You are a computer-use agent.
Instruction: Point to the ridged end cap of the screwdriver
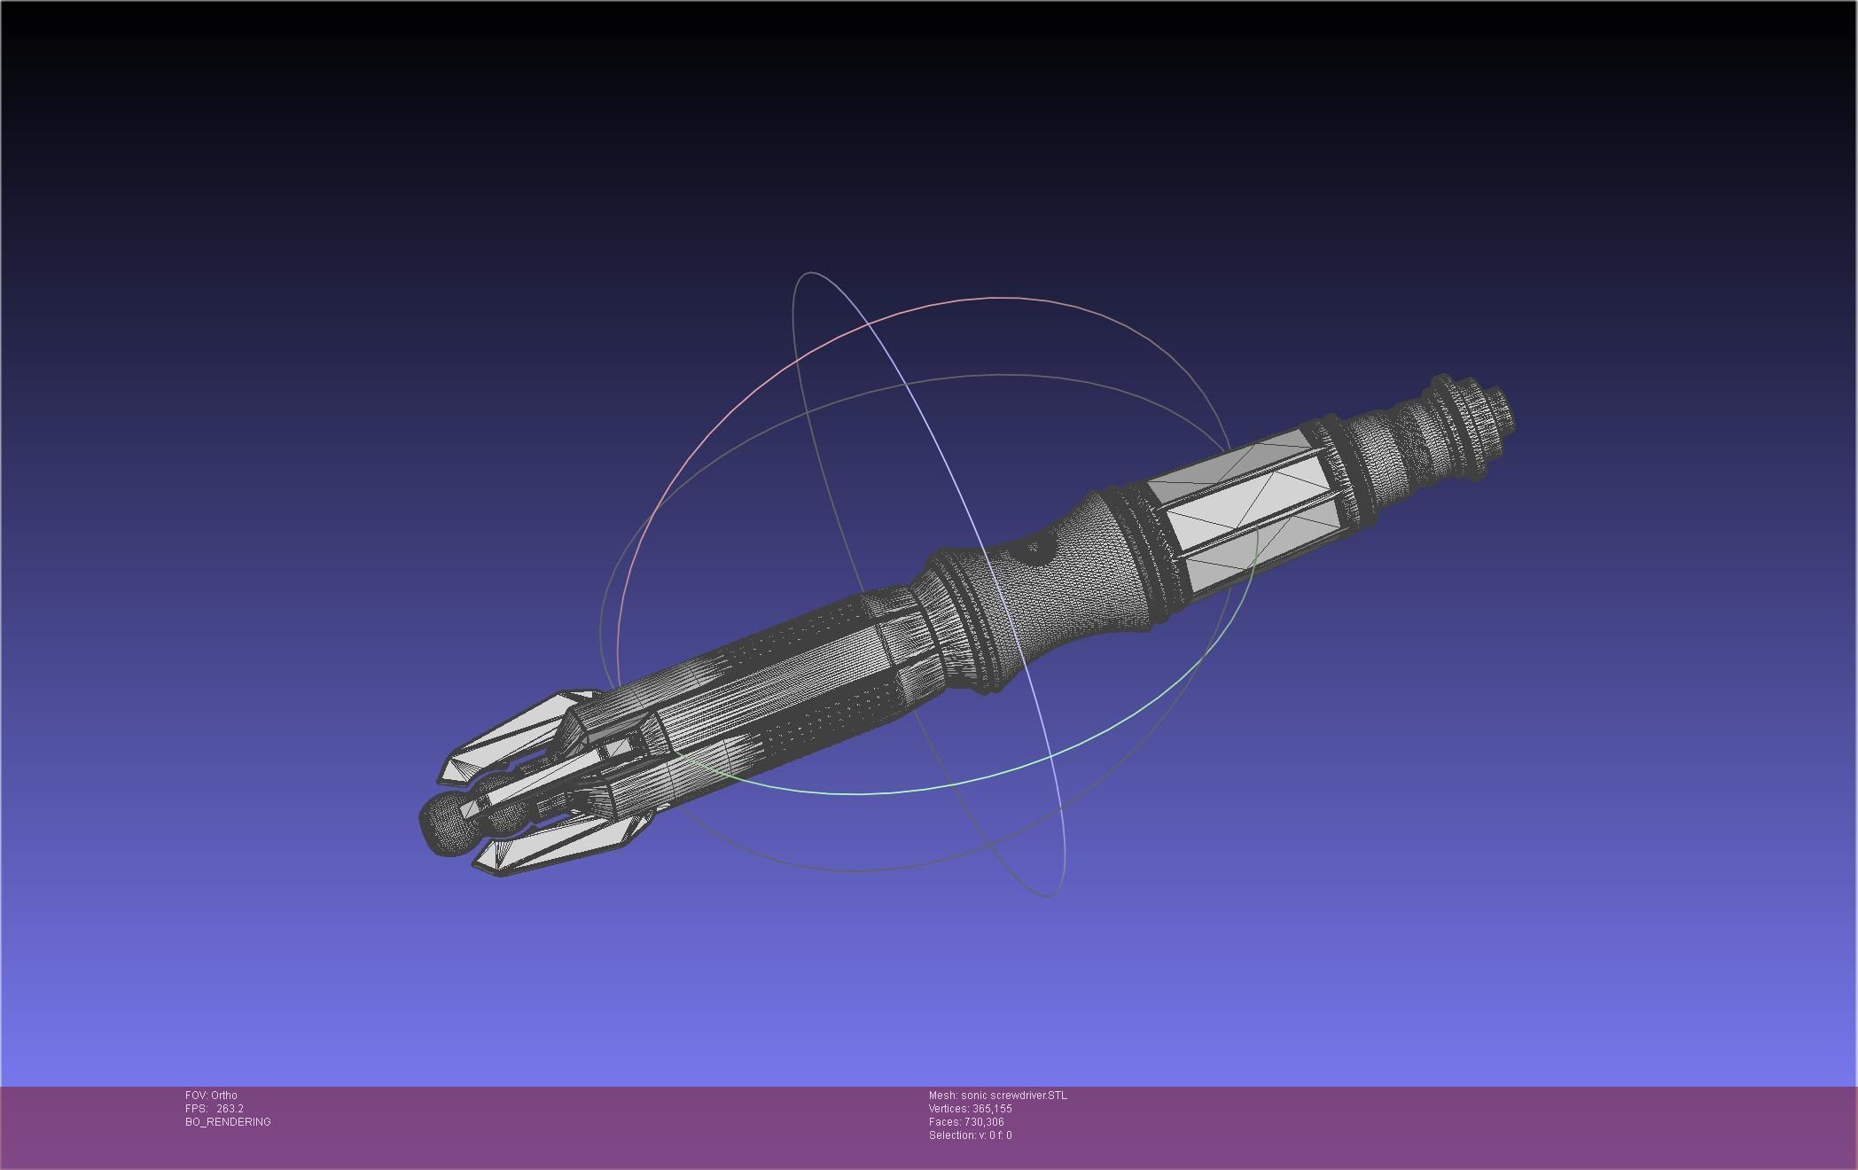(1472, 417)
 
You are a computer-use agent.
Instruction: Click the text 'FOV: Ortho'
(211, 1096)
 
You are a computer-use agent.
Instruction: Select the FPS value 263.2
(230, 1109)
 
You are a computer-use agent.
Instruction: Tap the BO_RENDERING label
(228, 1122)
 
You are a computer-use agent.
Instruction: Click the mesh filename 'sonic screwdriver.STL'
(1013, 1096)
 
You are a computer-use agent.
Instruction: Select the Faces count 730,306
(984, 1122)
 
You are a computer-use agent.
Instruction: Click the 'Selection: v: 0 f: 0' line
(970, 1135)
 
